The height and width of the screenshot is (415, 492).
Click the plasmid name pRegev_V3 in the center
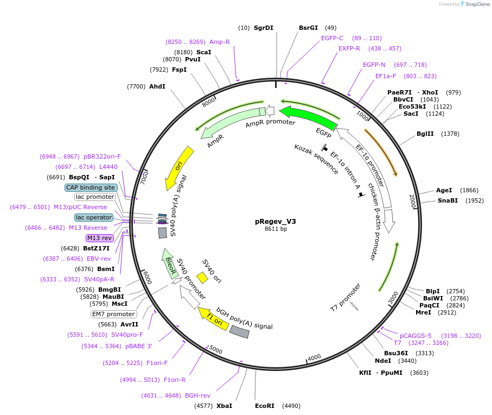(276, 221)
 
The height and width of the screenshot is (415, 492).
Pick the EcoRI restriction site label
(265, 406)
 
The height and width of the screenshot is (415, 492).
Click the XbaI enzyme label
(224, 406)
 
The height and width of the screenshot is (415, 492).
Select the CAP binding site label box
(91, 187)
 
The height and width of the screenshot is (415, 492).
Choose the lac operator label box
(94, 217)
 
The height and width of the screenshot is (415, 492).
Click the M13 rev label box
(99, 238)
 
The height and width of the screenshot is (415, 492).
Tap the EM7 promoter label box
(113, 314)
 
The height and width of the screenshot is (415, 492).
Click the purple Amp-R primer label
(220, 42)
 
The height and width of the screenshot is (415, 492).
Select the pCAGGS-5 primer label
(416, 335)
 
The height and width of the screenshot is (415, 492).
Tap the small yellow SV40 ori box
(202, 278)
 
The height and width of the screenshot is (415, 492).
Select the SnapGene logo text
(476, 4)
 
